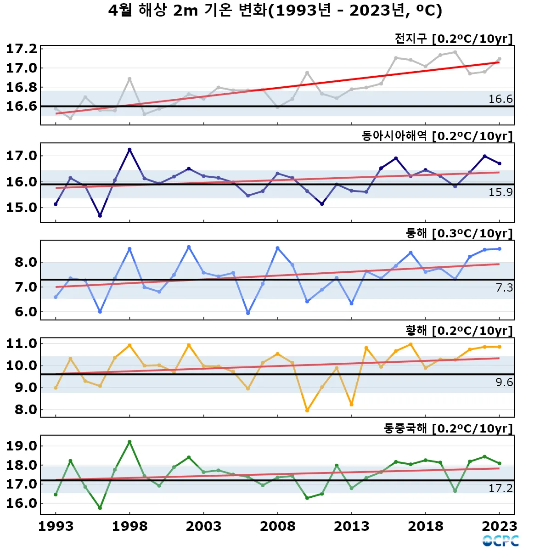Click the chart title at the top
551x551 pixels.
[275, 10]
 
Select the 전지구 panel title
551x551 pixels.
[453, 39]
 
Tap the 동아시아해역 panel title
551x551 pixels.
[437, 136]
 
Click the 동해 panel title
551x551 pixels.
[459, 233]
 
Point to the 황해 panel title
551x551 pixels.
[459, 331]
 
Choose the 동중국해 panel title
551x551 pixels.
[448, 428]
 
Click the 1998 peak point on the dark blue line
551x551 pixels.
[129, 150]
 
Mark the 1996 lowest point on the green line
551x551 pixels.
[100, 508]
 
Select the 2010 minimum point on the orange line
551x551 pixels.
[307, 410]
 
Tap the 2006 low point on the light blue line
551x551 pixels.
[248, 313]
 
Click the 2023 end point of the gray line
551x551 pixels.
[500, 59]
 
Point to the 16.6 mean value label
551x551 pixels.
[500, 99]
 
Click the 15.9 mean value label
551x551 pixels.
[500, 192]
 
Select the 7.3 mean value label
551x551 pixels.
[504, 288]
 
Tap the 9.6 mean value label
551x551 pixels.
[504, 382]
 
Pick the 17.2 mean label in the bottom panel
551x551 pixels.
[500, 488]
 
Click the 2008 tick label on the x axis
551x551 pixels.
[277, 526]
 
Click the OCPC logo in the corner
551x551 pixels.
[500, 541]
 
